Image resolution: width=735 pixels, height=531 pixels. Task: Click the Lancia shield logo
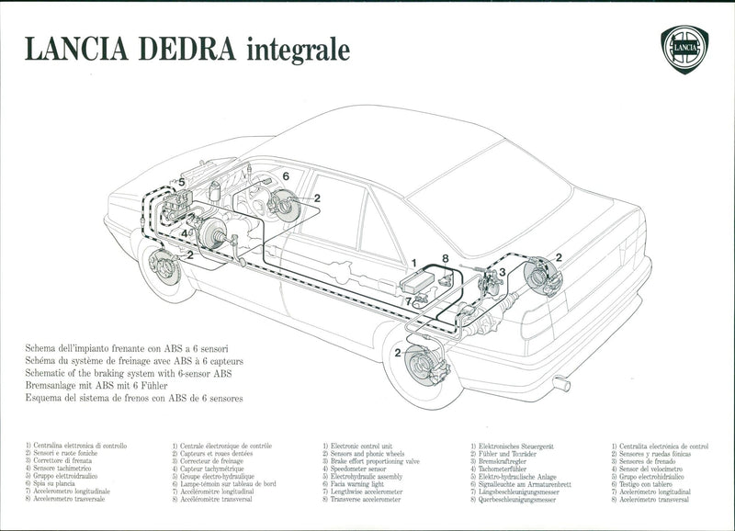pyautogui.click(x=684, y=49)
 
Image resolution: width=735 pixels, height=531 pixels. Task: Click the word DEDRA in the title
pyautogui.click(x=180, y=49)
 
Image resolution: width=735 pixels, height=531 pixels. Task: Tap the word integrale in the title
pyautogui.click(x=298, y=50)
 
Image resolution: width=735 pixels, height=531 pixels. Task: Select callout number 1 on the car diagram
pyautogui.click(x=414, y=262)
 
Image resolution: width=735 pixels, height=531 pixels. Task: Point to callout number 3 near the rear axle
pyautogui.click(x=502, y=273)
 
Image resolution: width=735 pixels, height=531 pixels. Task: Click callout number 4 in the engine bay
pyautogui.click(x=184, y=232)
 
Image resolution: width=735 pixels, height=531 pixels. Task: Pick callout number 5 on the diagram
pyautogui.click(x=181, y=183)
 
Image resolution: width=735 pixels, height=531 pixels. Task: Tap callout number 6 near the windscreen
pyautogui.click(x=286, y=176)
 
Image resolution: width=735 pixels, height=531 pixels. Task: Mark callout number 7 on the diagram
pyautogui.click(x=408, y=301)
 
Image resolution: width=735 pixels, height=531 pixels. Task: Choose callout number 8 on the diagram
pyautogui.click(x=445, y=260)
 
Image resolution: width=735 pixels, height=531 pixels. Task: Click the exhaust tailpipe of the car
pyautogui.click(x=560, y=383)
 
